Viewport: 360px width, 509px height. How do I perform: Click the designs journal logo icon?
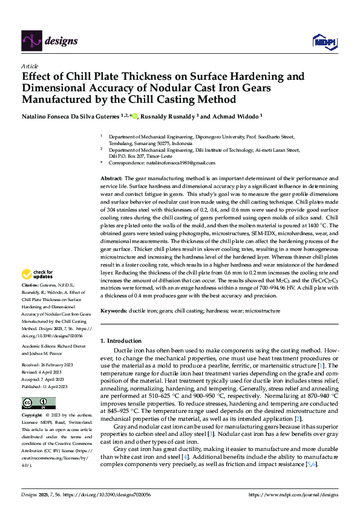point(30,41)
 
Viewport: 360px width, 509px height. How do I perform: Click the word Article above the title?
point(30,66)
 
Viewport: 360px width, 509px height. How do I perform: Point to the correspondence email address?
point(180,163)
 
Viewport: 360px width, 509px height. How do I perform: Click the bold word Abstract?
point(111,179)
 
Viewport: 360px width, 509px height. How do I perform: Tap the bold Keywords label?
point(113,310)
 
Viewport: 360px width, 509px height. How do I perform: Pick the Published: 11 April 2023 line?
point(44,386)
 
